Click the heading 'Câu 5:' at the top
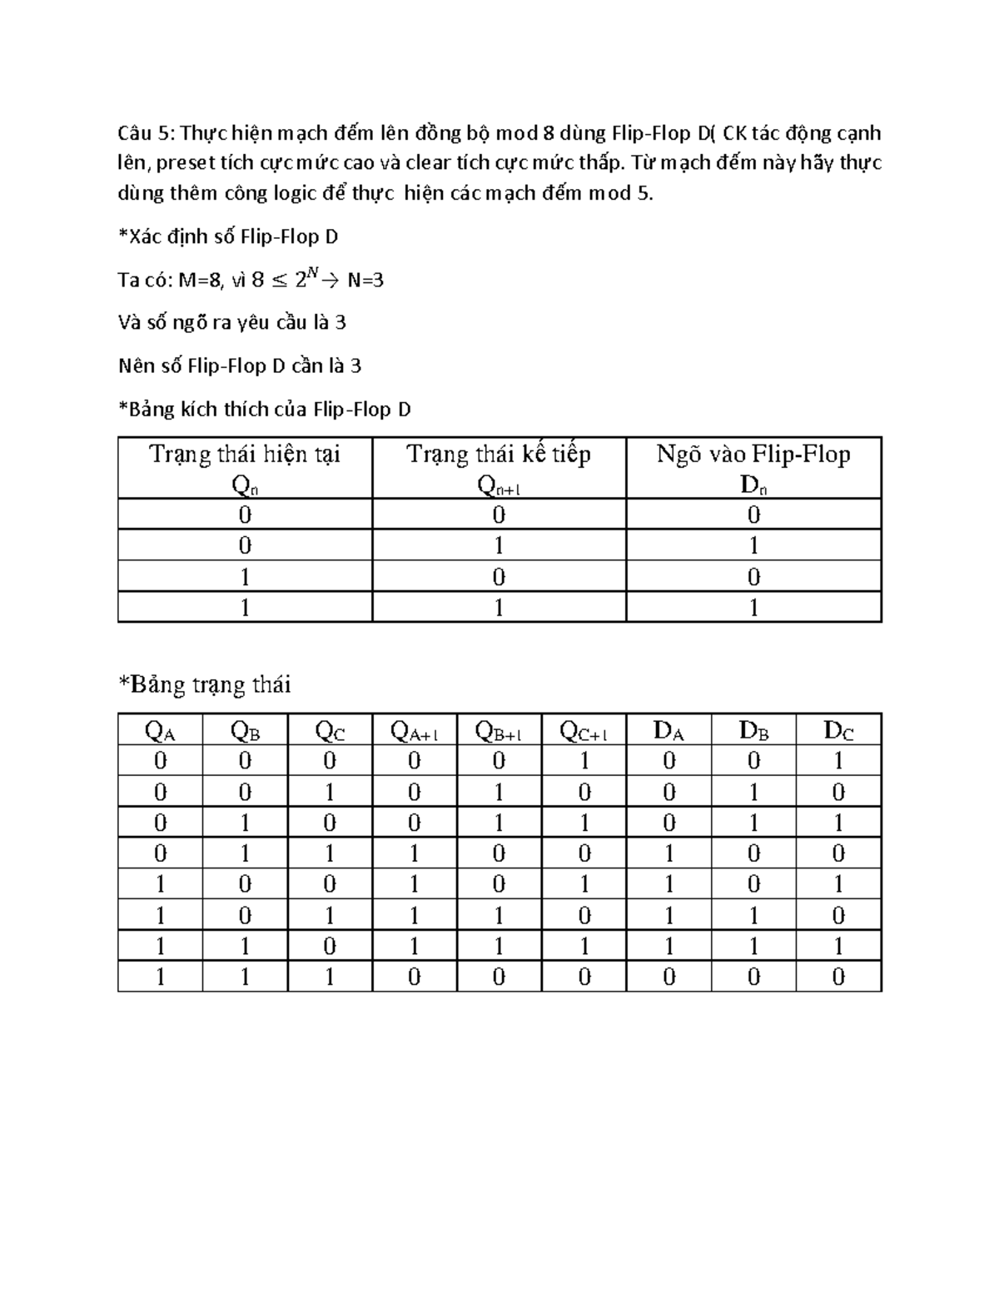[146, 133]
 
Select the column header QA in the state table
[160, 731]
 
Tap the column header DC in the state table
[838, 731]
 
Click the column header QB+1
[498, 731]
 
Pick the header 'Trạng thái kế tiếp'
[499, 455]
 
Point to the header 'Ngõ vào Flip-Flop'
[753, 455]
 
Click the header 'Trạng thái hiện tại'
[245, 455]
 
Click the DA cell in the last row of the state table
[668, 977]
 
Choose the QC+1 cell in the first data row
[584, 761]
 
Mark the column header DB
[753, 731]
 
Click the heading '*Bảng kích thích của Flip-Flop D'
[265, 410]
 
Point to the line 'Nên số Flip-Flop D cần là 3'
[240, 366]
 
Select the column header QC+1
[584, 731]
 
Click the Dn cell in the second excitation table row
[753, 546]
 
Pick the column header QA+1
[414, 731]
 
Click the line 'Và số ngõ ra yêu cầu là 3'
[231, 323]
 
